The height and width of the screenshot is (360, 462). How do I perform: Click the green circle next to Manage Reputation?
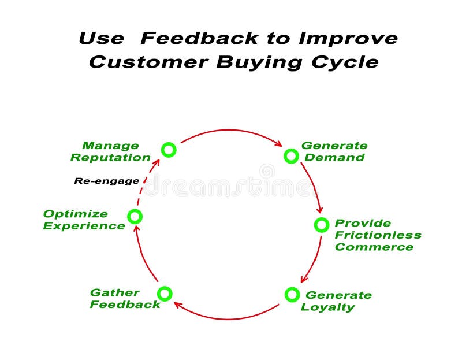[x=168, y=150]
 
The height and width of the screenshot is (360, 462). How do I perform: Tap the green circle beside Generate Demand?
[x=291, y=155]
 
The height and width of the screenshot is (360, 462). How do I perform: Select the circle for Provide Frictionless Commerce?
[x=322, y=225]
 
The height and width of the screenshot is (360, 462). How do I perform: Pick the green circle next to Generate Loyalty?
[x=292, y=295]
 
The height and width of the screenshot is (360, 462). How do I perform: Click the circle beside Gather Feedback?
[x=165, y=294]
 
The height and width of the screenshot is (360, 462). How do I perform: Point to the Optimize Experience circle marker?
[x=135, y=217]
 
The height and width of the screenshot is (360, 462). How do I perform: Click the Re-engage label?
[x=107, y=181]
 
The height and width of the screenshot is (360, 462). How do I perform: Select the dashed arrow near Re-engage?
[x=147, y=184]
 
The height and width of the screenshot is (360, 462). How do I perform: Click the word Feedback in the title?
[x=199, y=39]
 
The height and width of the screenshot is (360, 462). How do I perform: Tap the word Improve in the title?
[x=348, y=39]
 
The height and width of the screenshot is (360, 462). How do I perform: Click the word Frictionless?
[x=378, y=235]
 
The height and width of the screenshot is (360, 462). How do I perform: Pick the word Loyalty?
[x=327, y=307]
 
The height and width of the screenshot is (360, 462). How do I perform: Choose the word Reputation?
[x=110, y=157]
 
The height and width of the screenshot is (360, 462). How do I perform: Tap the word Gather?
[x=114, y=292]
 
